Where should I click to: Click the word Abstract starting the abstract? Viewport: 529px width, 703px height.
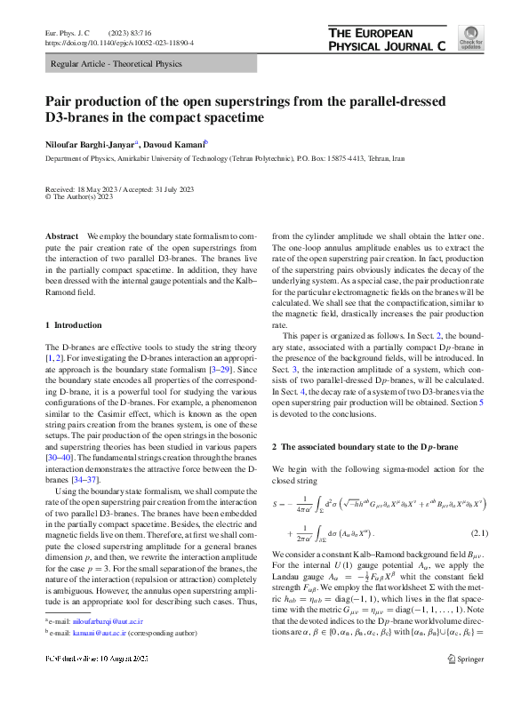[63, 236]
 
